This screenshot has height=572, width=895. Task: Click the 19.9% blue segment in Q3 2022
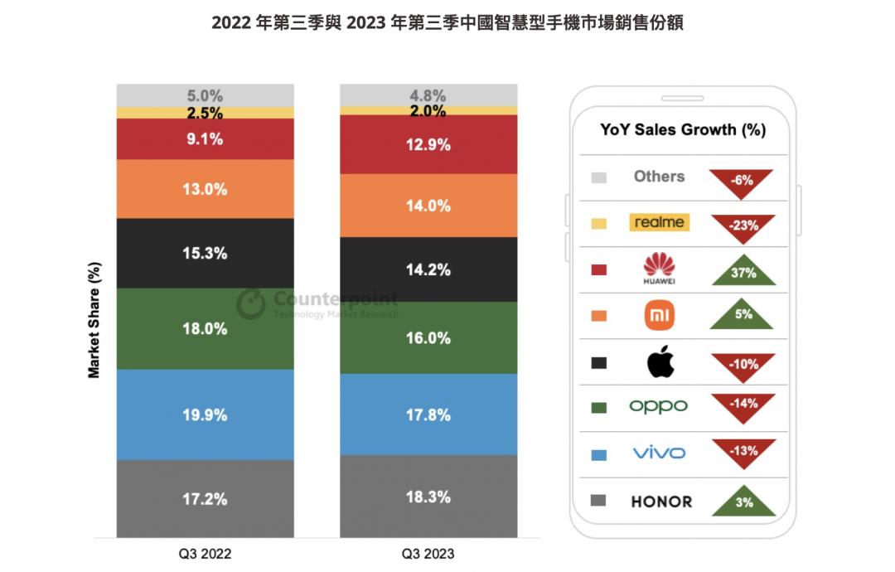pos(205,414)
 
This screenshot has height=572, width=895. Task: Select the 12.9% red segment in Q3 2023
pos(428,144)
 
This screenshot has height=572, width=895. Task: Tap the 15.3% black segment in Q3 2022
pos(205,254)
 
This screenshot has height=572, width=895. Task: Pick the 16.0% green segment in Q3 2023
pos(428,338)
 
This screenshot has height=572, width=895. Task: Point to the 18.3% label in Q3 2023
pos(428,497)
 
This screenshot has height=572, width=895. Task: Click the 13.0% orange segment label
pos(205,189)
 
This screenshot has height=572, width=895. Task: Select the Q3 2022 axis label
pos(205,553)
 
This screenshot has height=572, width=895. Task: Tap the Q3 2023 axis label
pos(428,553)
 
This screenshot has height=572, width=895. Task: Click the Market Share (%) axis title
pos(94,320)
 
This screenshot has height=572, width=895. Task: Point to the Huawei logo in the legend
pos(659,268)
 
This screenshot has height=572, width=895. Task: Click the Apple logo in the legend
pos(660,361)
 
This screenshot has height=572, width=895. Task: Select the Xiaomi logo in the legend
pos(660,314)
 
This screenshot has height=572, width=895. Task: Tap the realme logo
pos(660,222)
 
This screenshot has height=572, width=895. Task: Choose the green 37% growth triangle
pos(742,270)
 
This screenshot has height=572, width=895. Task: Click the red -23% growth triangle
pos(742,225)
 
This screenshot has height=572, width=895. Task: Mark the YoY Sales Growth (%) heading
pos(683,129)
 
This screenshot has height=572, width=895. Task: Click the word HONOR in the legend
pos(661,502)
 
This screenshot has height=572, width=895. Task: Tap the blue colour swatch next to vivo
pos(599,454)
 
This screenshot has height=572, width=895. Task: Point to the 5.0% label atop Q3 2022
pos(205,95)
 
